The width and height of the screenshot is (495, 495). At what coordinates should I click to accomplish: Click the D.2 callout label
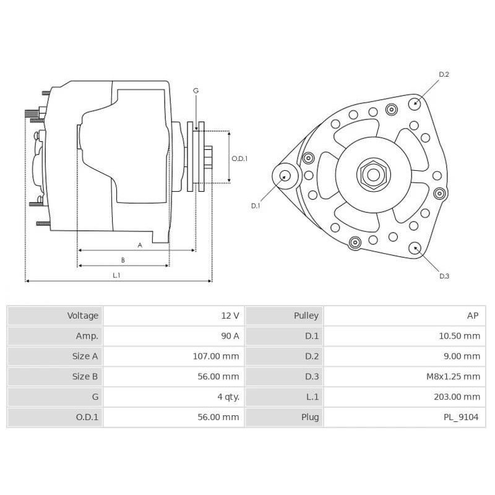(x=444, y=75)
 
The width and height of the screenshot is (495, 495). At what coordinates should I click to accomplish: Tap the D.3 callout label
(x=444, y=276)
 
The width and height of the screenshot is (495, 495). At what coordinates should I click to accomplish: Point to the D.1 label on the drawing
(x=256, y=205)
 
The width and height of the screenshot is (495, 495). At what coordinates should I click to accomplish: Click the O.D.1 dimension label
(x=239, y=158)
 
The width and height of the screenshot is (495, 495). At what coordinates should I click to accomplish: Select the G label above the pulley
(x=196, y=91)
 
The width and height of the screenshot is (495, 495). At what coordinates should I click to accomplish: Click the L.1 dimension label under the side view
(x=116, y=275)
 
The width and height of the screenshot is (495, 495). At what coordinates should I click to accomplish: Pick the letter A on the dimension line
(x=140, y=245)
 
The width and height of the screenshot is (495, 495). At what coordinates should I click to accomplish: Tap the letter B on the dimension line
(x=123, y=260)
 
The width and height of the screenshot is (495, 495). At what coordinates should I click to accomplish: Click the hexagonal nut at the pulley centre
(x=373, y=174)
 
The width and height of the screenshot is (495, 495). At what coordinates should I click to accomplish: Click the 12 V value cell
(x=230, y=316)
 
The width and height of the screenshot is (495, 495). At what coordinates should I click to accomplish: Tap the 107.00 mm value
(x=215, y=356)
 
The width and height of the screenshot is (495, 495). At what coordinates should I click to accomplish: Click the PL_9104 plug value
(x=460, y=417)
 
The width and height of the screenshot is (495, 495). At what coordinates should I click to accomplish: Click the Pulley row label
(x=306, y=316)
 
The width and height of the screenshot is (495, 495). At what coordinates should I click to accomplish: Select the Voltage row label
(x=82, y=316)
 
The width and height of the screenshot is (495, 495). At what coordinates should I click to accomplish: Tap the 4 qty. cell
(x=226, y=397)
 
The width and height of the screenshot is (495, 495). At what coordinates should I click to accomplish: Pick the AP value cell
(x=472, y=316)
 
